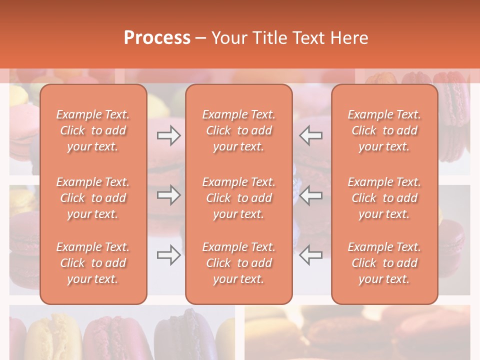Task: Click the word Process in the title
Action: pos(157,37)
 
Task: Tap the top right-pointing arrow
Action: pos(168,135)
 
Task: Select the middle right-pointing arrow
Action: pos(168,195)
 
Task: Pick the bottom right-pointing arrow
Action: pos(168,255)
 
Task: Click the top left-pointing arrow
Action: pos(311,135)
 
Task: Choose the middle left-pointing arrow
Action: pos(311,195)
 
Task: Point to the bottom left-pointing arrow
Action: pos(311,255)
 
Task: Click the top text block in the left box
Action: pos(93,130)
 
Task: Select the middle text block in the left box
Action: pos(93,198)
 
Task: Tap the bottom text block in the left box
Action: pos(93,263)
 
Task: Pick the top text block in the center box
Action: pos(238,130)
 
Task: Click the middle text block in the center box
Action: pos(238,198)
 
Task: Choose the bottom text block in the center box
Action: pos(238,263)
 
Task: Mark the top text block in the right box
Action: pos(384,130)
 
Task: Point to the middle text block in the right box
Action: pos(384,198)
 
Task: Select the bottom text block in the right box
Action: pos(384,263)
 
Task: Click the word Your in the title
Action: pos(228,37)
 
